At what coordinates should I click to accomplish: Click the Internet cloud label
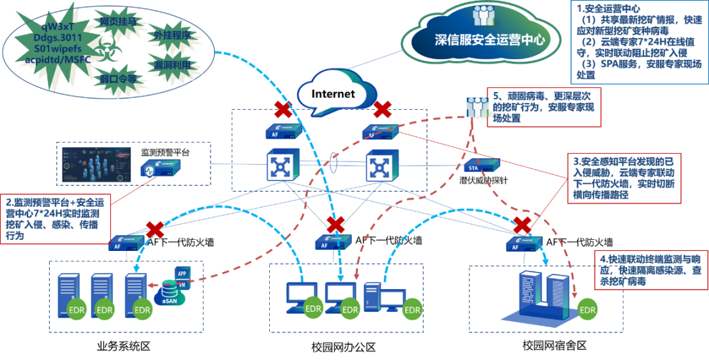[x=333, y=94]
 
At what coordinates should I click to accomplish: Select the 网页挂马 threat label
[x=118, y=22]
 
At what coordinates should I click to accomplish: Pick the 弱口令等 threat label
[x=118, y=79]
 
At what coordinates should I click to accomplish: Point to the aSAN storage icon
[x=170, y=292]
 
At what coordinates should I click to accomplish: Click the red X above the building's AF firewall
[x=523, y=225]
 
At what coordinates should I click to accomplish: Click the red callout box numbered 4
[x=651, y=269]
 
